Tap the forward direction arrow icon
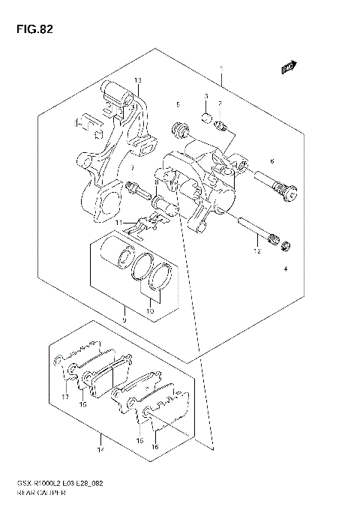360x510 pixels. (x=287, y=68)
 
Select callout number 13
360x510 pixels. (x=138, y=80)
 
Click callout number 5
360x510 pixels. (x=178, y=103)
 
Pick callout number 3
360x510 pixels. (x=205, y=97)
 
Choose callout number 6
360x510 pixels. (x=271, y=162)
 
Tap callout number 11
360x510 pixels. (x=118, y=223)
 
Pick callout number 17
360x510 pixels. (x=64, y=397)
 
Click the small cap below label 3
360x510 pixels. (x=205, y=118)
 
